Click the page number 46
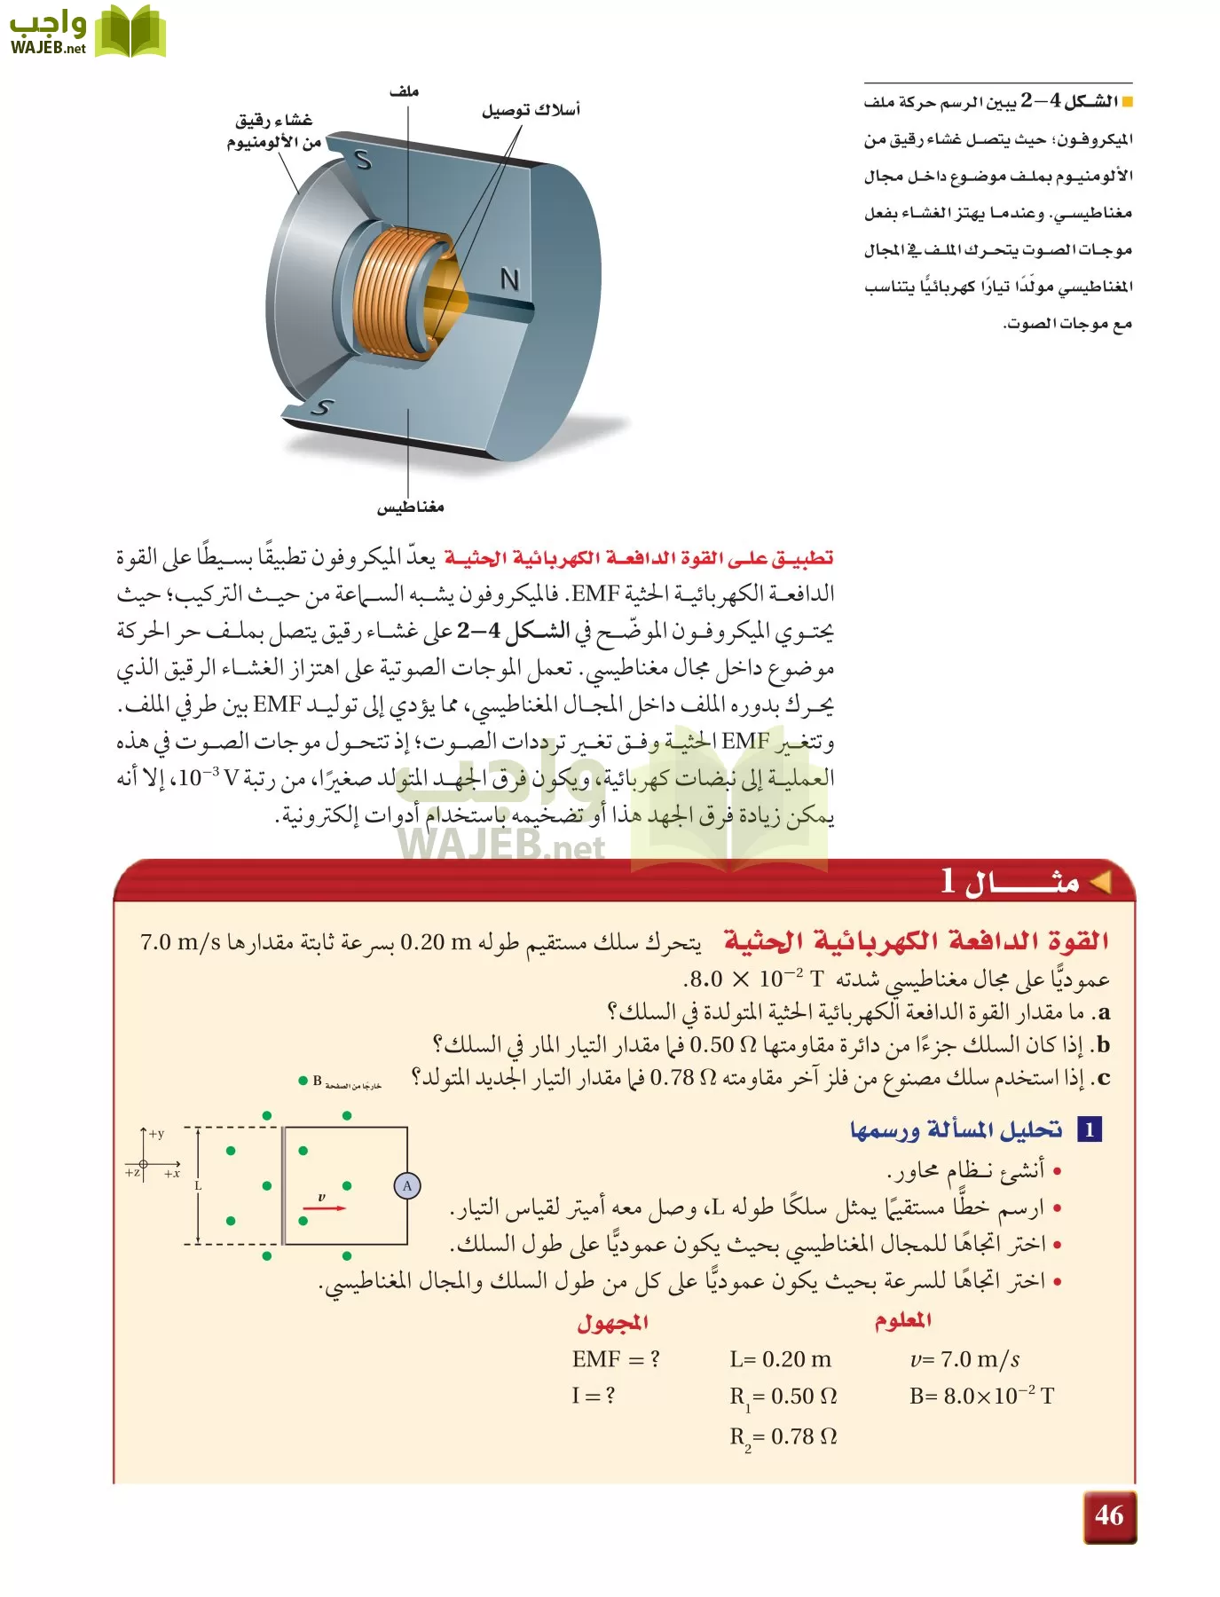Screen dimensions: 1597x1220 coord(1109,1515)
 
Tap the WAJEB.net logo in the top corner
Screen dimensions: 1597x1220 coord(87,32)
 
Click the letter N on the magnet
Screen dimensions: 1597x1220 coord(509,279)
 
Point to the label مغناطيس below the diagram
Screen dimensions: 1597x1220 coord(410,507)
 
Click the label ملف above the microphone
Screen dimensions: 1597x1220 coord(404,91)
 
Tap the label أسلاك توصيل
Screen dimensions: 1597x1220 coord(531,110)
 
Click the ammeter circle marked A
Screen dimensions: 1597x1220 coord(407,1185)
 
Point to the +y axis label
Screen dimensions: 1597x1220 coord(156,1134)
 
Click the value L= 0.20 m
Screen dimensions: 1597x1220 coord(781,1359)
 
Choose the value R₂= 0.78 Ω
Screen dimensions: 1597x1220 coord(783,1436)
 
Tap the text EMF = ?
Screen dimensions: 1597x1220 coord(616,1359)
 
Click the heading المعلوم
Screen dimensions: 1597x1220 coord(902,1320)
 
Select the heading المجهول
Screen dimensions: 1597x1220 coord(612,1322)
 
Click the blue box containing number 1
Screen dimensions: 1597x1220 coord(1090,1129)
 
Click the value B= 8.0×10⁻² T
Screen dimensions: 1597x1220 coord(981,1396)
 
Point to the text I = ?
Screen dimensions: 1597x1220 coord(593,1396)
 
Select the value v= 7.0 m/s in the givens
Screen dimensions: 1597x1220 coord(964,1359)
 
